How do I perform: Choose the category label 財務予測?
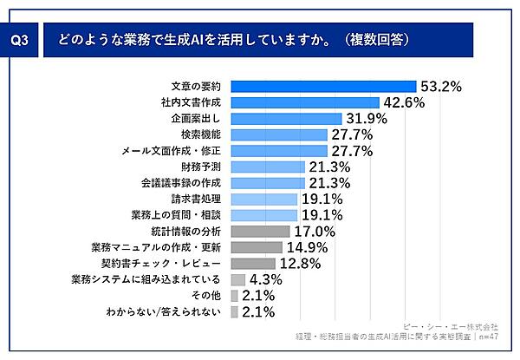click(203, 167)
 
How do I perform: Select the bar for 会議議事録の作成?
click(269, 183)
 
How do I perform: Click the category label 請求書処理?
click(198, 199)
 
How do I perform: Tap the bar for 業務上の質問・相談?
click(264, 214)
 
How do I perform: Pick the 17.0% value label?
click(314, 232)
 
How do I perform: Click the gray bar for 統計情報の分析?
click(261, 231)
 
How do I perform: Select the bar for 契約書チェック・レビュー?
click(253, 263)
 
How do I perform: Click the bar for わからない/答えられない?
click(234, 311)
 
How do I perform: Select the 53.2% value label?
click(440, 87)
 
